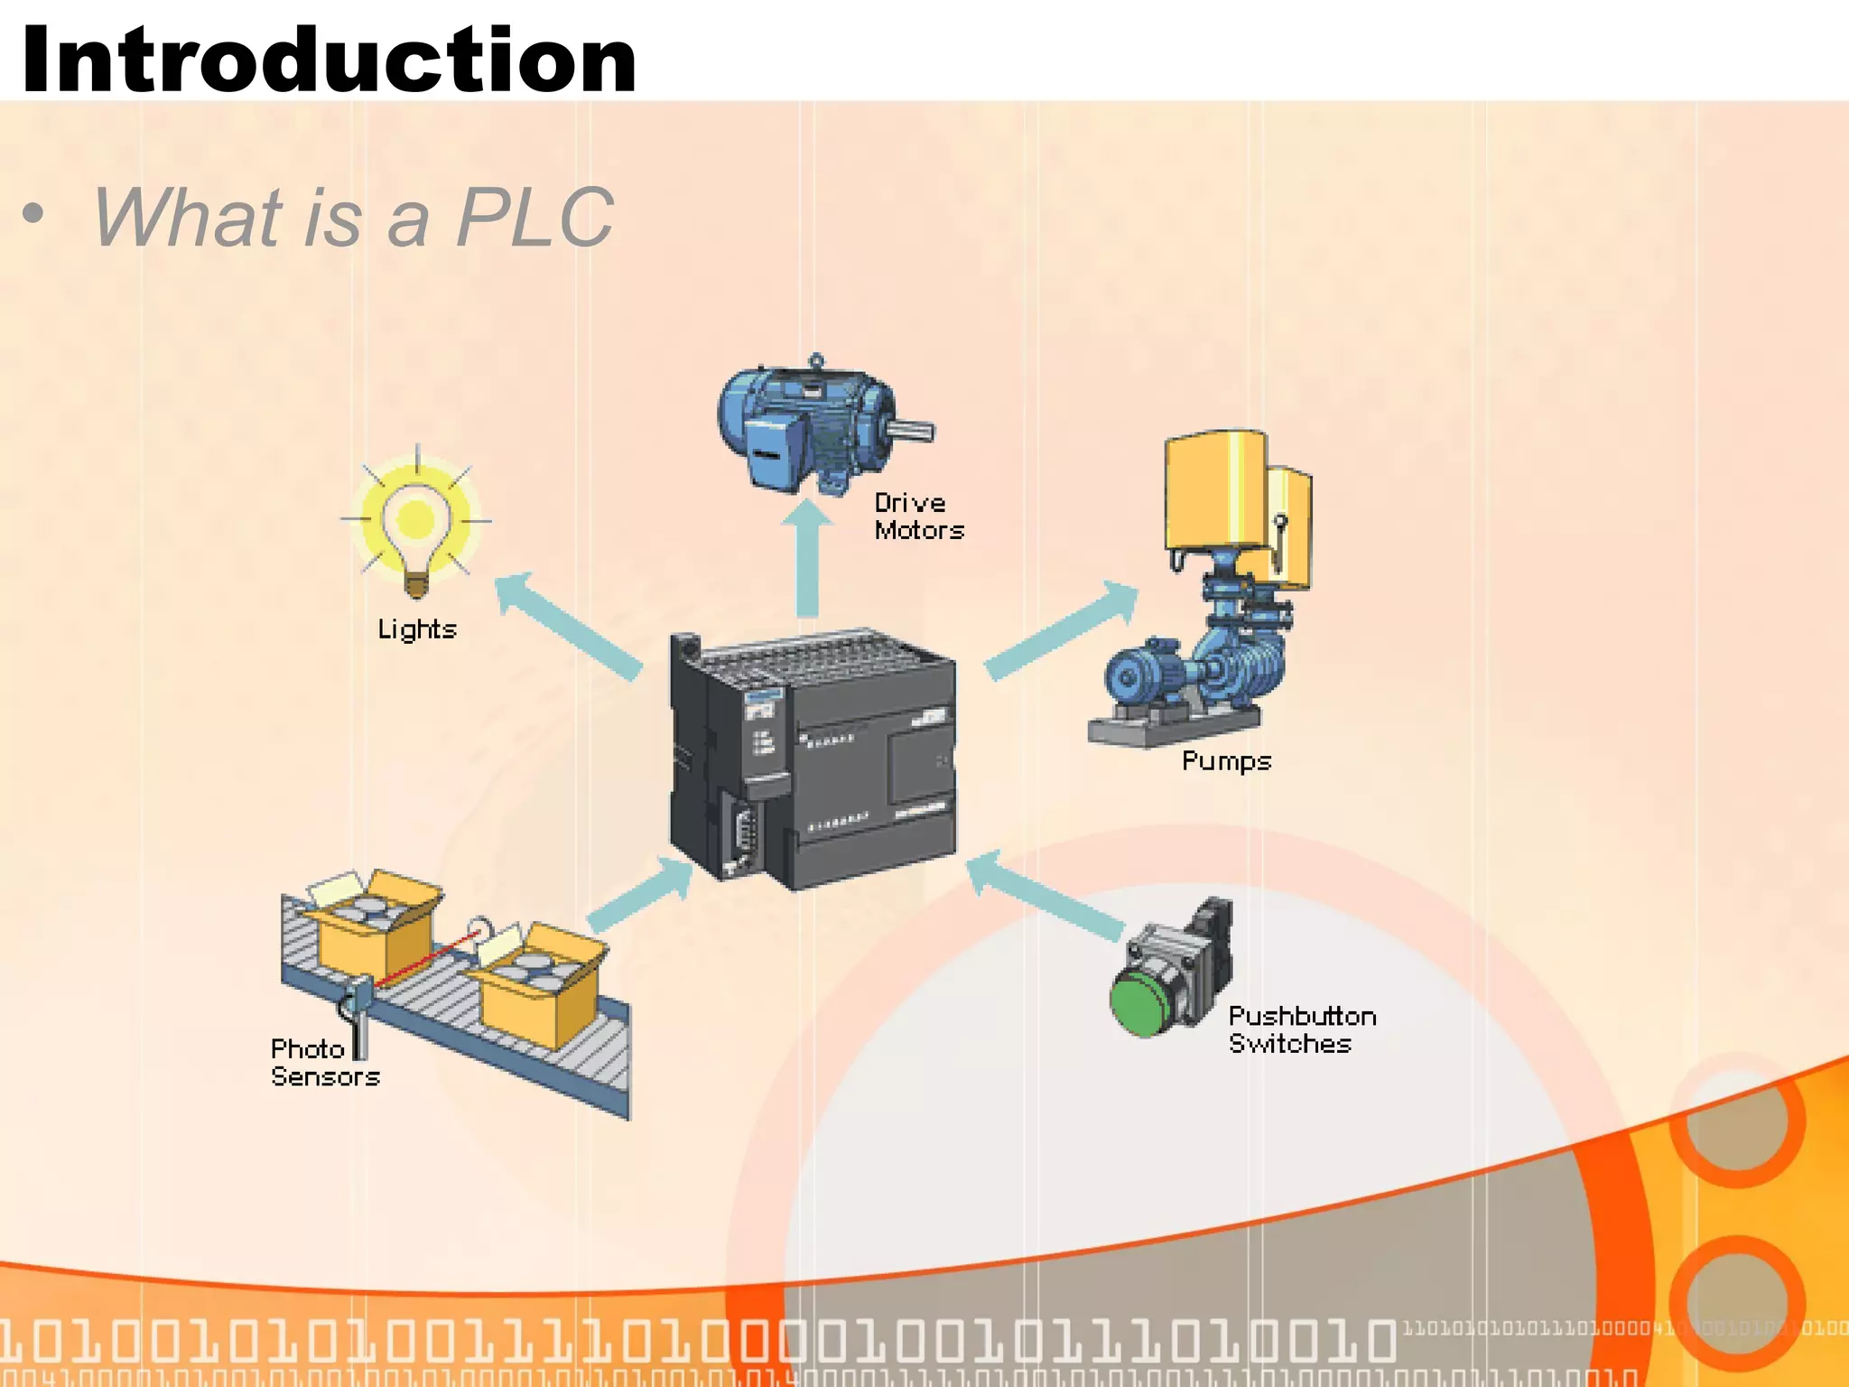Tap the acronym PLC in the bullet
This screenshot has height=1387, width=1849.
coord(534,218)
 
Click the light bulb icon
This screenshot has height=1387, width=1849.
coord(416,524)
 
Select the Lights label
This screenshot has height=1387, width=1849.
coord(417,628)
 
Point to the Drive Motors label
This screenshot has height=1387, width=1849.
coord(918,517)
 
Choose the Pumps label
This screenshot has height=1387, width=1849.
coord(1226,761)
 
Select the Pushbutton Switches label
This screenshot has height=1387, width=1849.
coord(1301,1030)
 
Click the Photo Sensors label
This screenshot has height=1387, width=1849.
coord(324,1063)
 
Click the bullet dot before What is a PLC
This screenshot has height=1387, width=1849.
coord(33,215)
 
